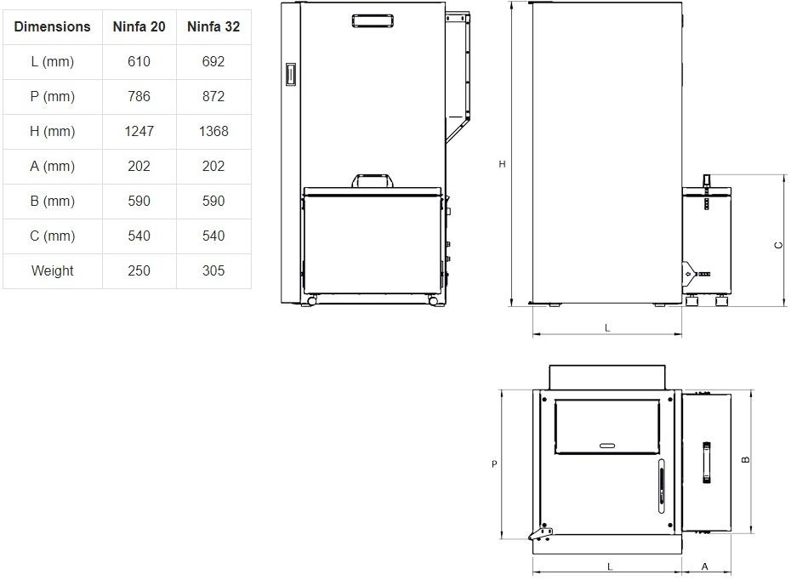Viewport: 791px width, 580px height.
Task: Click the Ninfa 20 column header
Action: [x=139, y=26]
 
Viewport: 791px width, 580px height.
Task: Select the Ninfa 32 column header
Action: [x=213, y=26]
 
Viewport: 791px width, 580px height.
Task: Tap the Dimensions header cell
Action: [x=52, y=26]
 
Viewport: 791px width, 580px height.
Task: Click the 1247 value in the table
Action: [x=139, y=131]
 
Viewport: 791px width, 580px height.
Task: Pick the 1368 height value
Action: [x=213, y=131]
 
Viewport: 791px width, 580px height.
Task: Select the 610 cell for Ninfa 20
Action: [x=139, y=61]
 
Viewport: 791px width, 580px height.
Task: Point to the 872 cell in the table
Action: [x=213, y=96]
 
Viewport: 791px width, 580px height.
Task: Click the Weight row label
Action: [x=52, y=270]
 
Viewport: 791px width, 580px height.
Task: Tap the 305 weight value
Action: [x=213, y=270]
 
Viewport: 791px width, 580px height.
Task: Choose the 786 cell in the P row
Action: [x=139, y=96]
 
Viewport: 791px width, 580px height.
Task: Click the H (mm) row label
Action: [x=52, y=132]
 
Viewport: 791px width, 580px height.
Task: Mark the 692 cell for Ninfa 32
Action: [x=213, y=61]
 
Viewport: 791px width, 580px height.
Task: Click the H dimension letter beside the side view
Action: [x=502, y=164]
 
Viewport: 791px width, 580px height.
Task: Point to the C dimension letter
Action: [x=778, y=245]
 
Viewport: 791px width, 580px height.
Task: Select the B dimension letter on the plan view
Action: [x=746, y=459]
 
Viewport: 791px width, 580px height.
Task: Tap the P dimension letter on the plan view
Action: [x=494, y=463]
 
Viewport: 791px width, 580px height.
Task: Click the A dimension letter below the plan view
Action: [x=705, y=567]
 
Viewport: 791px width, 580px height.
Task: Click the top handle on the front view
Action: [x=373, y=21]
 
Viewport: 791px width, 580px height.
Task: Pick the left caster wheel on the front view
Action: [x=311, y=300]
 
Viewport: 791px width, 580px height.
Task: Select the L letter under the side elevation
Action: [x=607, y=327]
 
